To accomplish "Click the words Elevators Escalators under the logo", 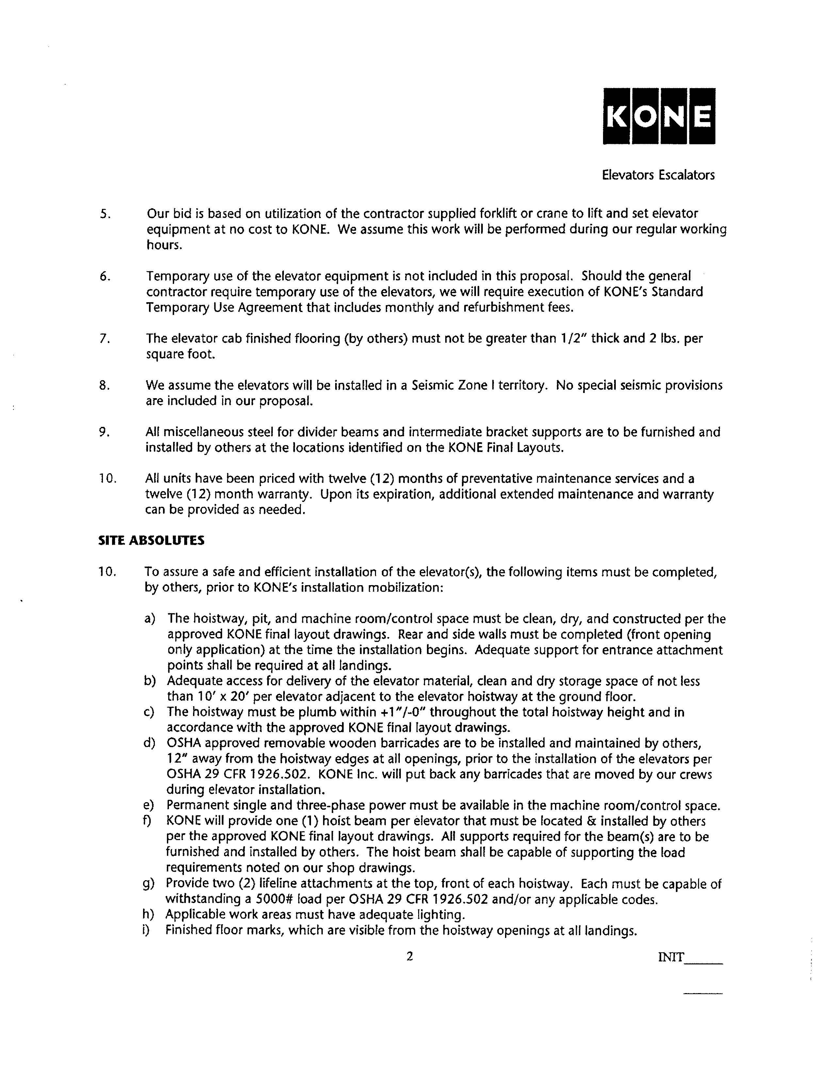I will click(x=658, y=175).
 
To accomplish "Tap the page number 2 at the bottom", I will click(x=409, y=957).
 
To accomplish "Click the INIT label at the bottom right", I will click(x=671, y=957).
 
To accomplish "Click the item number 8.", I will click(x=104, y=385).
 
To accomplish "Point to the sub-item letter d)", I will click(x=149, y=743).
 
